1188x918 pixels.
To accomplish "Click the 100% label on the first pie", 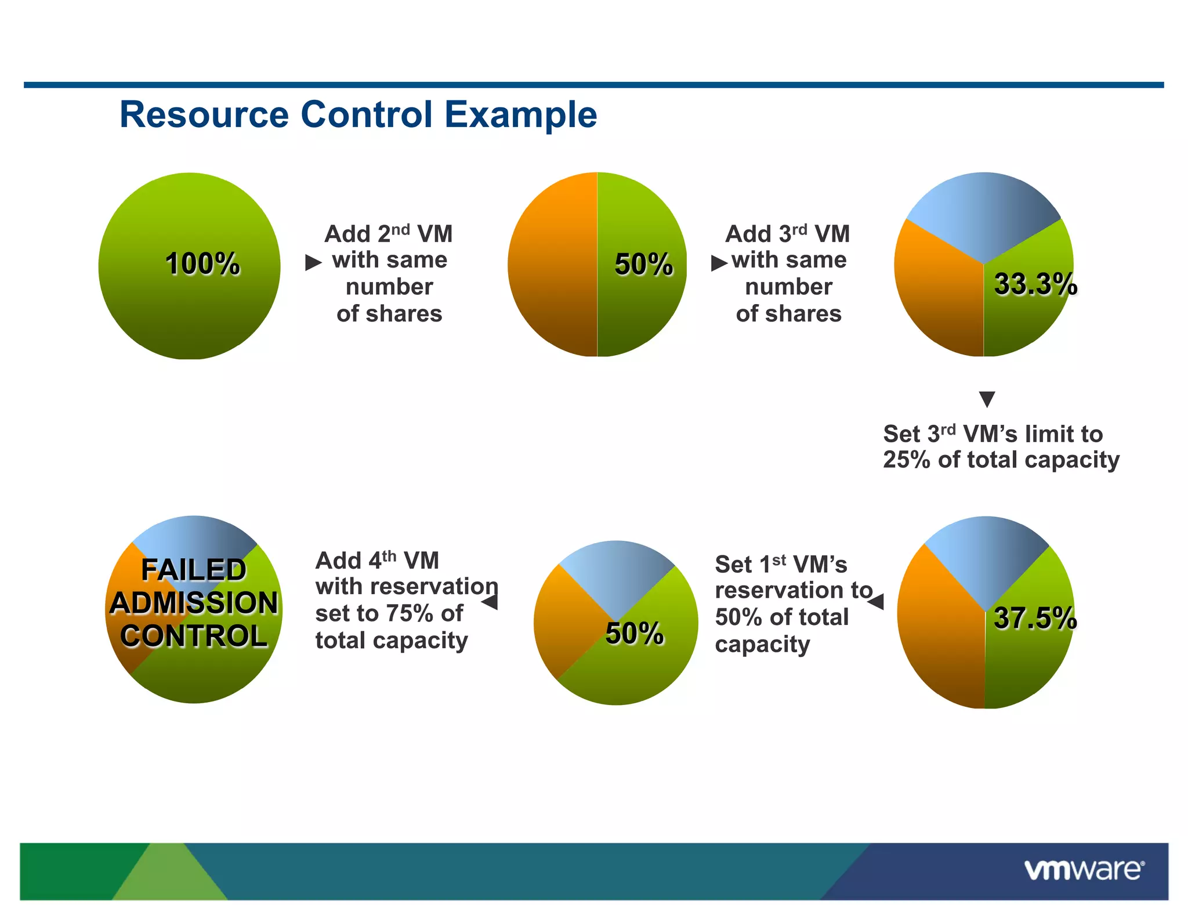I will pyautogui.click(x=202, y=264).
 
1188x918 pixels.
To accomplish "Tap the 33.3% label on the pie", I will pyautogui.click(x=1035, y=284).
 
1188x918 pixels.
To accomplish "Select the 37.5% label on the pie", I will pyautogui.click(x=1035, y=618).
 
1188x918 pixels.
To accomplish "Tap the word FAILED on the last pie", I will pyautogui.click(x=194, y=570).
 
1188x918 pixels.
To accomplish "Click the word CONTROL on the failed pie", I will pyautogui.click(x=194, y=636).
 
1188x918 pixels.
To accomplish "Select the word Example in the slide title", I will pyautogui.click(x=520, y=114).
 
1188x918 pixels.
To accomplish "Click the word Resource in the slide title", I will pyautogui.click(x=204, y=114).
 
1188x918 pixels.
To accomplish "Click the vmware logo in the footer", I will pyautogui.click(x=1084, y=870).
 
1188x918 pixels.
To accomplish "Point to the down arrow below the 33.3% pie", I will pyautogui.click(x=987, y=399).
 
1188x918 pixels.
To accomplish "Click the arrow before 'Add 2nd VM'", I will pyautogui.click(x=313, y=263).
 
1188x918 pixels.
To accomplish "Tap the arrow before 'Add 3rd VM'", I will pyautogui.click(x=719, y=263).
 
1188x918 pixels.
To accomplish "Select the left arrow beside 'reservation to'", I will pyautogui.click(x=876, y=602).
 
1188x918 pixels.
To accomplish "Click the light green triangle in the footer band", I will pyautogui.click(x=170, y=876).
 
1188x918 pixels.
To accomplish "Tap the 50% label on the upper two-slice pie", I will pyautogui.click(x=643, y=265).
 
